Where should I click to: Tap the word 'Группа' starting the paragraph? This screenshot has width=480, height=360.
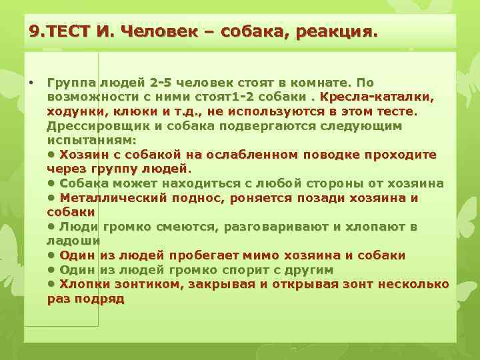(x=69, y=83)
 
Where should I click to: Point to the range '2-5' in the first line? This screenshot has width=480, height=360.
(x=164, y=83)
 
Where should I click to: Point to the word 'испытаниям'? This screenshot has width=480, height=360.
(x=90, y=140)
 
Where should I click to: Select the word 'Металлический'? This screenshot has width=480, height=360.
(x=109, y=198)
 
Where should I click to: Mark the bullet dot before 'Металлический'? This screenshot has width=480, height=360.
(x=51, y=198)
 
